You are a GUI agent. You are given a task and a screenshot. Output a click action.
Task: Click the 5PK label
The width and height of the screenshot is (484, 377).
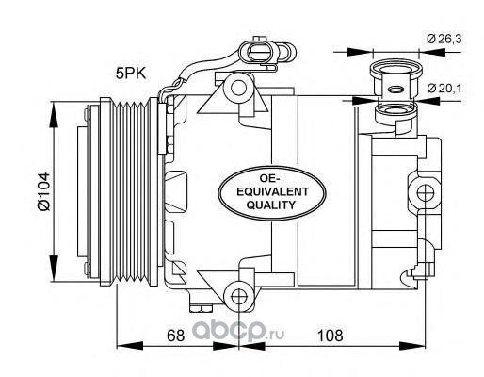point(131,74)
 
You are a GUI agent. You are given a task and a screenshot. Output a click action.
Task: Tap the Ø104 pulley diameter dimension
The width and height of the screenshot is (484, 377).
point(43,191)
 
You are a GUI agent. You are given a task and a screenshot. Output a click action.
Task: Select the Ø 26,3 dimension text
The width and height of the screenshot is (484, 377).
point(444,39)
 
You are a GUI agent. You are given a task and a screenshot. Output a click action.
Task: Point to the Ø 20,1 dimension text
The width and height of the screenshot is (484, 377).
point(444,89)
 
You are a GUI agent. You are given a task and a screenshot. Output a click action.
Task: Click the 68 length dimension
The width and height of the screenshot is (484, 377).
point(175,336)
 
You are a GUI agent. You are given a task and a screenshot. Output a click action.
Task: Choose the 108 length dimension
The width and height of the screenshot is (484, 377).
point(331,336)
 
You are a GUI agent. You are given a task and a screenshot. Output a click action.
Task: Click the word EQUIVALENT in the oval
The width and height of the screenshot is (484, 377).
point(272,191)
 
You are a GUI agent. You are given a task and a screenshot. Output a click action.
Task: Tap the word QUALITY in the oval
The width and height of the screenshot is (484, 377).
point(270,205)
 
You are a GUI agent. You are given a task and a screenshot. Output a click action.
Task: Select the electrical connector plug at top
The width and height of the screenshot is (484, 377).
point(266,51)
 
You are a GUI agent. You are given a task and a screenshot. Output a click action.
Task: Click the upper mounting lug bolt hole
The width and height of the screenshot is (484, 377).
point(238,88)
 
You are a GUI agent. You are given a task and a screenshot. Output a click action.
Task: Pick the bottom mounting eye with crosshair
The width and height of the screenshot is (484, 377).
point(238,296)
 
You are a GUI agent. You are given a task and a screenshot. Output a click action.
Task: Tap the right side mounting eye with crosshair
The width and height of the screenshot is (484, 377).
point(425,191)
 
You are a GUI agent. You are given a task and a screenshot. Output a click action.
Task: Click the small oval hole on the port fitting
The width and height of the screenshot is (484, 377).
point(395,90)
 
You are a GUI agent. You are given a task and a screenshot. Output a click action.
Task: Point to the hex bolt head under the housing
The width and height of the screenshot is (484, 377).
point(201,308)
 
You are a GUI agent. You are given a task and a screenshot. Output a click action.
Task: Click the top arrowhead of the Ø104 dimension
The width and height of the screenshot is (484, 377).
point(54,115)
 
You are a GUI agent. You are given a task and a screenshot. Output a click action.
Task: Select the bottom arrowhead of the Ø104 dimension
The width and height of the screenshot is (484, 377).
point(54,269)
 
